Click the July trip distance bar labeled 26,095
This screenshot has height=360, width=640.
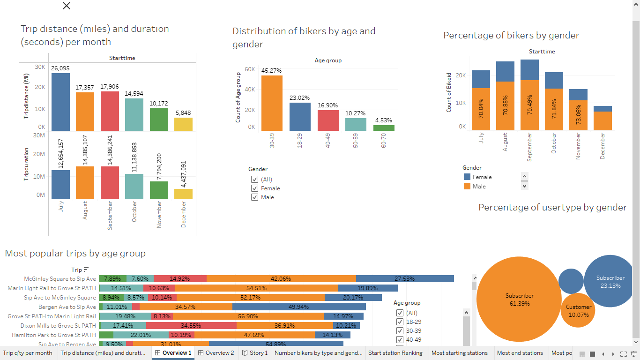[x=60, y=102]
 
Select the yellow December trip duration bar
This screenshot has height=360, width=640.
[x=183, y=194]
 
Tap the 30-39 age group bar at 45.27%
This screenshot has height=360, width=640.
[x=272, y=103]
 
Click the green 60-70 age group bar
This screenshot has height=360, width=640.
[x=384, y=127]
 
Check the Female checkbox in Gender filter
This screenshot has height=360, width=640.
[x=255, y=188]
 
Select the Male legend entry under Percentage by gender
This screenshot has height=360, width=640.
[x=479, y=186]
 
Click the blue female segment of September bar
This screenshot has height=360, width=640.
[x=529, y=69]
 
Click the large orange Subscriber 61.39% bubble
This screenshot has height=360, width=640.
[x=519, y=299]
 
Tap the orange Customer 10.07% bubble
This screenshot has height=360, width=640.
[x=579, y=310]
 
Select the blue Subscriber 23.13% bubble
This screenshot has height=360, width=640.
[x=610, y=281]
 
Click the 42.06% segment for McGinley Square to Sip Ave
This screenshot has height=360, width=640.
[x=281, y=279]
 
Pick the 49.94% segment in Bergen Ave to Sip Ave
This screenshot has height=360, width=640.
[x=299, y=307]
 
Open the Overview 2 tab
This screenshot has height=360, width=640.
[x=216, y=353]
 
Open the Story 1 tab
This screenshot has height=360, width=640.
[x=254, y=353]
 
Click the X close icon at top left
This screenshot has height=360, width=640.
[x=67, y=6]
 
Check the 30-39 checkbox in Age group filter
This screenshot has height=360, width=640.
[x=400, y=331]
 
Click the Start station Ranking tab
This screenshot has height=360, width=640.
[x=395, y=353]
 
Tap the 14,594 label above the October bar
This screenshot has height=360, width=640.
[x=134, y=94]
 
